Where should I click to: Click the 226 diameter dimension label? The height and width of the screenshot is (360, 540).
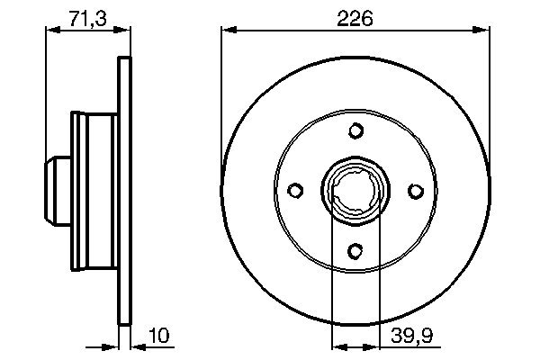pyautogui.click(x=355, y=17)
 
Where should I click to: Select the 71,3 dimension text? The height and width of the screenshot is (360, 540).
pyautogui.click(x=87, y=17)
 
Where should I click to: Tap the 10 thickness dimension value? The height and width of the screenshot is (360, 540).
pyautogui.click(x=158, y=337)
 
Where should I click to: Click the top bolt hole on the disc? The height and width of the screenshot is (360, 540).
pyautogui.click(x=355, y=132)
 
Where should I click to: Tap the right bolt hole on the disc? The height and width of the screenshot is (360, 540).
pyautogui.click(x=415, y=191)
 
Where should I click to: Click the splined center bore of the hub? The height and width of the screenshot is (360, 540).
pyautogui.click(x=355, y=191)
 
